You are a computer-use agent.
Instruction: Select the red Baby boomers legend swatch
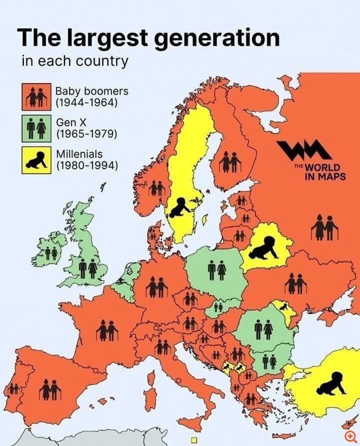pos(35,97)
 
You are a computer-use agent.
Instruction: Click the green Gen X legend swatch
pos(35,128)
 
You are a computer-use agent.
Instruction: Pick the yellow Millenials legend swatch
pos(35,159)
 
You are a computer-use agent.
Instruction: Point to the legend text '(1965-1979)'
pos(86,133)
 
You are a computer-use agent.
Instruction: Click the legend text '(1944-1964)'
pos(87,102)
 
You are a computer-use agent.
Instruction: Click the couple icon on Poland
pos(217,271)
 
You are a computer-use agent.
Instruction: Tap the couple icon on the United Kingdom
pos(88,269)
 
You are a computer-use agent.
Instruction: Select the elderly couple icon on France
pos(107,332)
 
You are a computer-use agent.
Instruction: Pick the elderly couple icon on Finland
pos(230,162)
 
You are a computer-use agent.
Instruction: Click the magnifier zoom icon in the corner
pos(350,436)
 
